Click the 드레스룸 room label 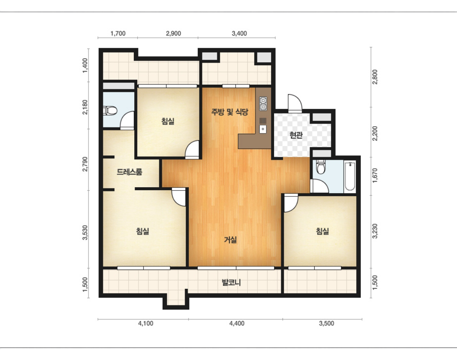(130, 172)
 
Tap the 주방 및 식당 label (230, 112)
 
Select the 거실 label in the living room (230, 240)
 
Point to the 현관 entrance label (296, 135)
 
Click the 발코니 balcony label (231, 282)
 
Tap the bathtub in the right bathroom (350, 176)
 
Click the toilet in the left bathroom (110, 111)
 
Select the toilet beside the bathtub (321, 167)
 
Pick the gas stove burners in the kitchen (263, 104)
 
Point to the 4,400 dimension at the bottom (237, 323)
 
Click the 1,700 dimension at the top (118, 33)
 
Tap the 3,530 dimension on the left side (85, 233)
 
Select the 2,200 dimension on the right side (375, 133)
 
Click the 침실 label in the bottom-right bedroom (323, 231)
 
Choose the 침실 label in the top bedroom (168, 121)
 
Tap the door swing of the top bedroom (192, 150)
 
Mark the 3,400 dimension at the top (239, 33)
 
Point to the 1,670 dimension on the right (375, 175)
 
